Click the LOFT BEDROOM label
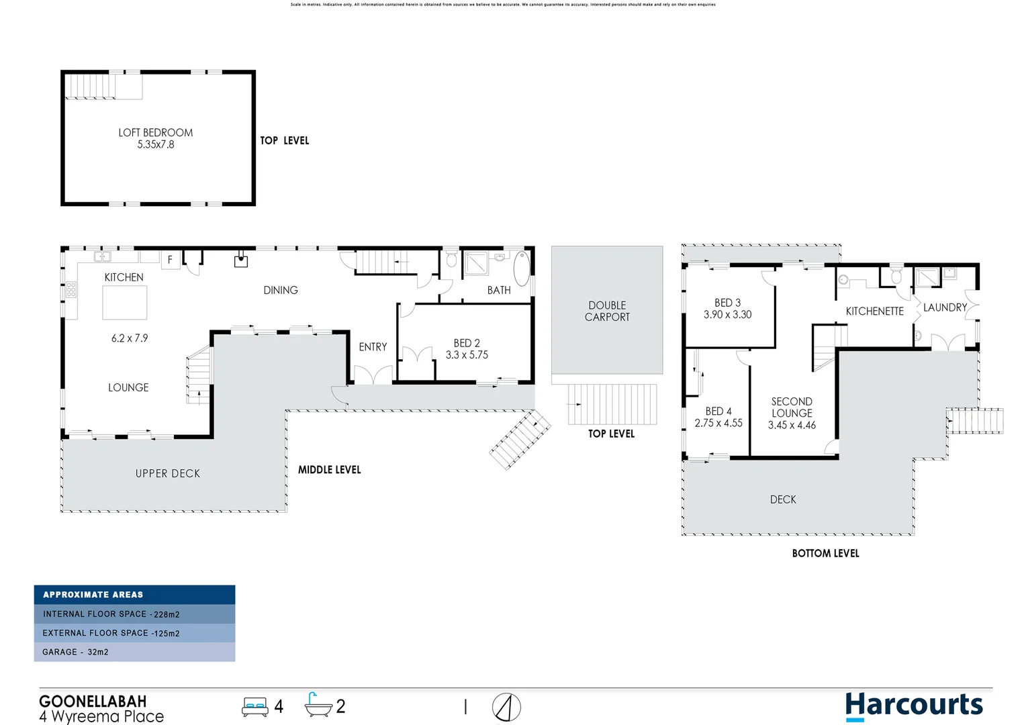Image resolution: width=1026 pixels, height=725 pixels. pyautogui.click(x=155, y=133)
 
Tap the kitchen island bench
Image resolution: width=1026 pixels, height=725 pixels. pyautogui.click(x=124, y=302)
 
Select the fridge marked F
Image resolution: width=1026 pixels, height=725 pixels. pyautogui.click(x=170, y=260)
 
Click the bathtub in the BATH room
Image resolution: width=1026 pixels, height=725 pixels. pyautogui.click(x=522, y=270)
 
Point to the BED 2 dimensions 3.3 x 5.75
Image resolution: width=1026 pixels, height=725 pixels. pyautogui.click(x=467, y=355)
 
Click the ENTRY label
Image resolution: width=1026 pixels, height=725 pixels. pyautogui.click(x=373, y=347)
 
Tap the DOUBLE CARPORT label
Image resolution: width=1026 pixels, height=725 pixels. pyautogui.click(x=607, y=311)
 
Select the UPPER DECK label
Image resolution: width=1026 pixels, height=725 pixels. pyautogui.click(x=168, y=474)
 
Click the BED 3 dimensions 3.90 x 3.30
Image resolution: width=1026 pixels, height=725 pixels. pyautogui.click(x=727, y=315)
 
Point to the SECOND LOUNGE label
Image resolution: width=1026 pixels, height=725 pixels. pyautogui.click(x=792, y=407)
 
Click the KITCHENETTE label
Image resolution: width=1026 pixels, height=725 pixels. pyautogui.click(x=874, y=311)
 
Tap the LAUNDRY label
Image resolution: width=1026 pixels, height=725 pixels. pyautogui.click(x=945, y=307)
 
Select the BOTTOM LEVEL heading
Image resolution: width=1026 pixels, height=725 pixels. pyautogui.click(x=825, y=553)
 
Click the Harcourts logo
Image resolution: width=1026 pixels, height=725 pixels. pyautogui.click(x=913, y=706)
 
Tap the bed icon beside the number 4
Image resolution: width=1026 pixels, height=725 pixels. pyautogui.click(x=255, y=707)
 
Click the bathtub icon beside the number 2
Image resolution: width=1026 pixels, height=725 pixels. pyautogui.click(x=318, y=706)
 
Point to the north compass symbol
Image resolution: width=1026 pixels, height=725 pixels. pyautogui.click(x=506, y=708)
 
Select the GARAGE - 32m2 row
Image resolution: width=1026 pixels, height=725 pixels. pyautogui.click(x=134, y=652)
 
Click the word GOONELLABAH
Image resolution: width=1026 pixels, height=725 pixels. pyautogui.click(x=93, y=702)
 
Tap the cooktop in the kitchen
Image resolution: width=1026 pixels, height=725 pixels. pyautogui.click(x=71, y=290)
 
